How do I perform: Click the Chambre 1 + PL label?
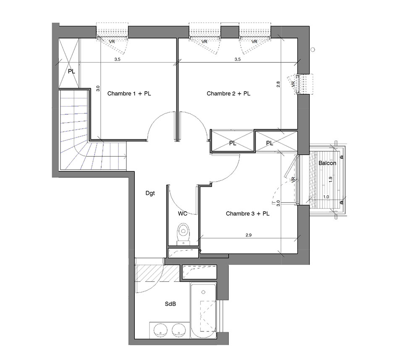pyautogui.click(x=129, y=94)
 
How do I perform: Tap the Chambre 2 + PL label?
pyautogui.click(x=228, y=94)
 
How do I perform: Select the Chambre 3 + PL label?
pyautogui.click(x=247, y=213)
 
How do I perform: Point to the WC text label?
pyautogui.click(x=183, y=213)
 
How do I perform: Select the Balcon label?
pyautogui.click(x=327, y=163)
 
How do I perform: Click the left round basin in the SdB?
pyautogui.click(x=159, y=330)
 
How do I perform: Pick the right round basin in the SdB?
pyautogui.click(x=178, y=330)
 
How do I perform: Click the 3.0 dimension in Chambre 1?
pyautogui.click(x=98, y=89)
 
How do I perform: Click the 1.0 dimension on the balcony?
pyautogui.click(x=326, y=196)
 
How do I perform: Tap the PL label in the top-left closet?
pyautogui.click(x=71, y=71)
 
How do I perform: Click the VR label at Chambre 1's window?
pyautogui.click(x=113, y=42)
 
